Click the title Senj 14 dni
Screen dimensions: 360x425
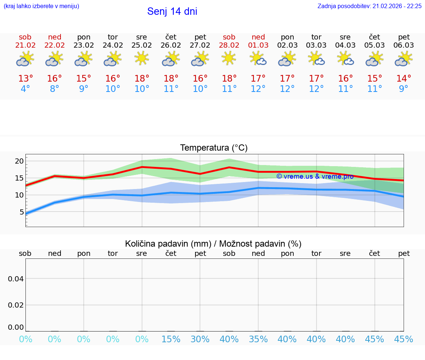[172, 11]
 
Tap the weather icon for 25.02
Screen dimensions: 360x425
[142, 58]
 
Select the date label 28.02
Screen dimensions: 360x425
[229, 45]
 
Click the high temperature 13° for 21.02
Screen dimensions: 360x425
[25, 78]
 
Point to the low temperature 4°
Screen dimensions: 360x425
[25, 89]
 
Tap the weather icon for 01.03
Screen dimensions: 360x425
[258, 58]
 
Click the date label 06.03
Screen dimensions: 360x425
[404, 45]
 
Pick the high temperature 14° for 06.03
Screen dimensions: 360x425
[404, 78]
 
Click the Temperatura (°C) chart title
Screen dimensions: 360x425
[214, 148]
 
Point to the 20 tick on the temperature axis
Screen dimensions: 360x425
[19, 161]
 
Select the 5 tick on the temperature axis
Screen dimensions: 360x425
[21, 212]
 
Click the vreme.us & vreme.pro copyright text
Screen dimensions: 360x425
[315, 176]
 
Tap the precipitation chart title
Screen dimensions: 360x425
[213, 244]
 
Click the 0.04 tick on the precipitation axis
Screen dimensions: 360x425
[16, 278]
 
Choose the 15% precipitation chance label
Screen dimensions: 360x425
[171, 339]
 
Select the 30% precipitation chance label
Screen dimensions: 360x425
[200, 339]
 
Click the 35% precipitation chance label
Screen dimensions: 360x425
[258, 339]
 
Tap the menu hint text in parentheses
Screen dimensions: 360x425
[41, 6]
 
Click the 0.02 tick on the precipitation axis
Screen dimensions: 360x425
[16, 305]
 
